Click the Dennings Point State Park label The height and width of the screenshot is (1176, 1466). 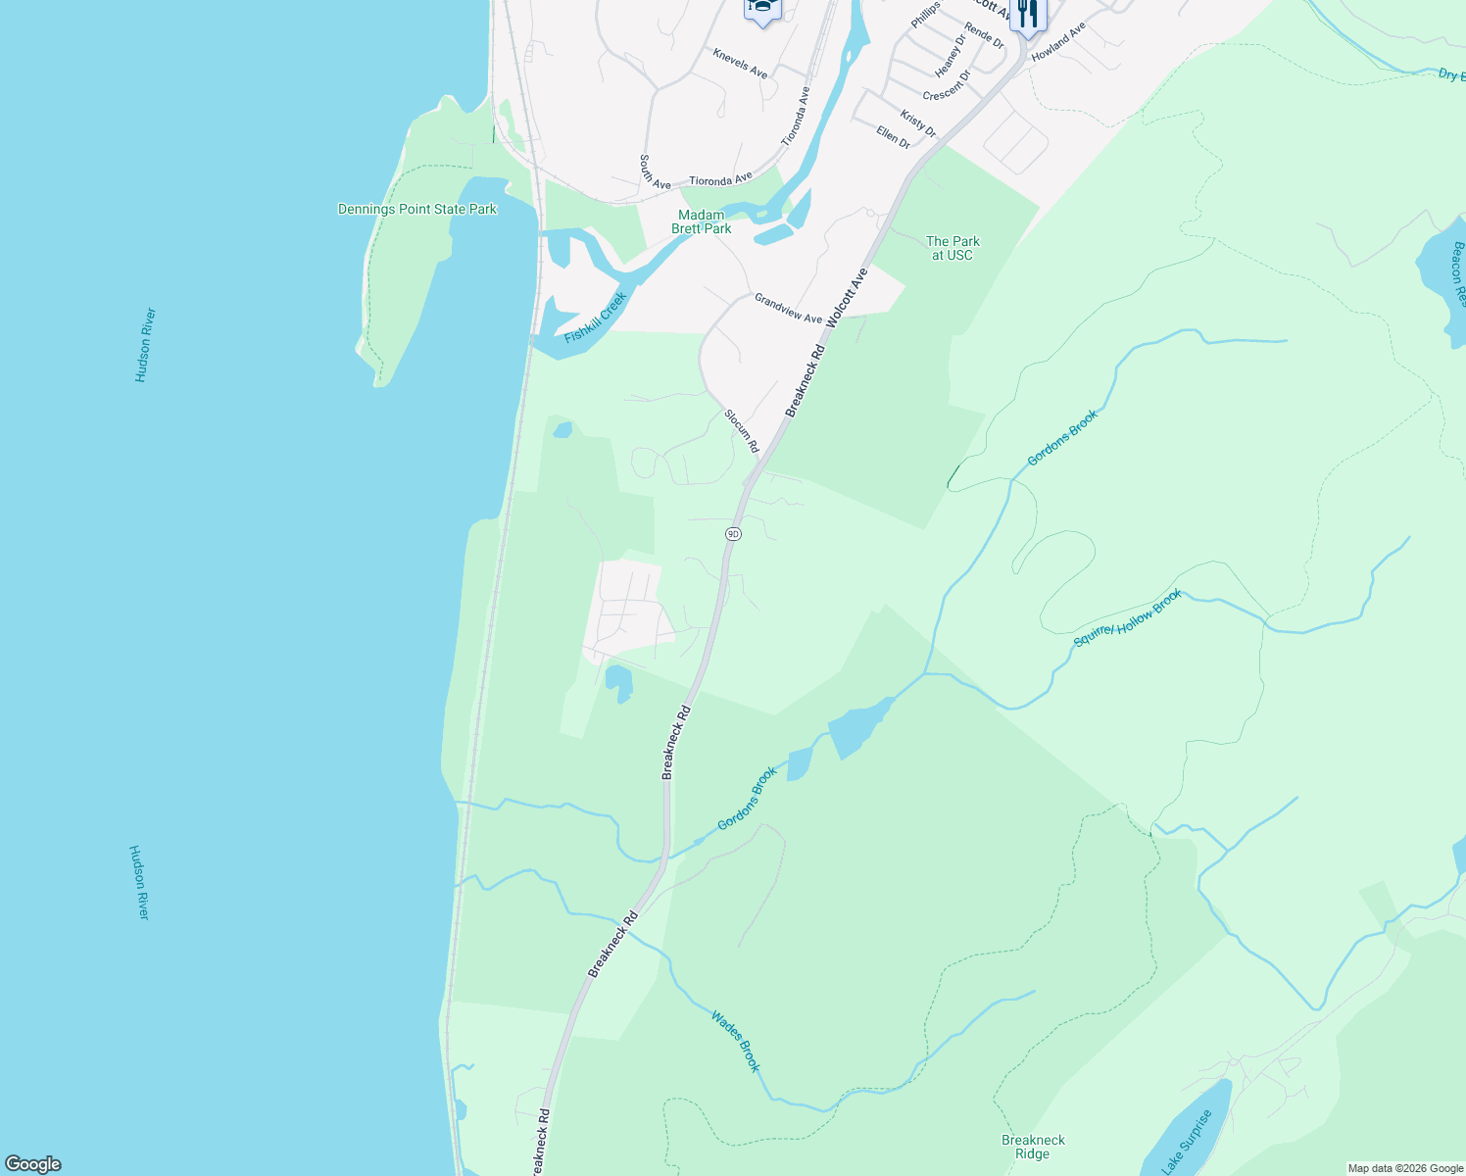click(x=417, y=209)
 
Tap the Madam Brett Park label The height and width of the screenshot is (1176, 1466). click(x=702, y=221)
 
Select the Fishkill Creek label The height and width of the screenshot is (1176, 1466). click(x=596, y=318)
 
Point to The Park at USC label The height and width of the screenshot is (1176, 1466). click(x=953, y=248)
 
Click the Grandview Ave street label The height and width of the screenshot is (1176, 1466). click(x=788, y=309)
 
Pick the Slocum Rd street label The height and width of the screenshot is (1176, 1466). click(x=742, y=431)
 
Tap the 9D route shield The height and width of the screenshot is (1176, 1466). click(x=733, y=534)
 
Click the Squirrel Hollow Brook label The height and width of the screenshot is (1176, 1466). click(x=1128, y=618)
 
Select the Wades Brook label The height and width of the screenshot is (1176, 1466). click(x=736, y=1041)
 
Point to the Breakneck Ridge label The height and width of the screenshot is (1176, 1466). click(x=1033, y=1147)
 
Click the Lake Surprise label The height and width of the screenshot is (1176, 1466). click(x=1187, y=1142)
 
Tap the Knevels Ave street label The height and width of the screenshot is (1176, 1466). click(x=740, y=63)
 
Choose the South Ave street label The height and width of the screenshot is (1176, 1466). click(x=655, y=171)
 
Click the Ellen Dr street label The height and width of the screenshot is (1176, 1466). click(x=893, y=137)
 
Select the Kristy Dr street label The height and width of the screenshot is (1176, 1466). click(x=918, y=123)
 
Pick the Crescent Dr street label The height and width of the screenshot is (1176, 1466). click(x=947, y=85)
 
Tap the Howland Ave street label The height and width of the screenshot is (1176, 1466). click(x=1058, y=42)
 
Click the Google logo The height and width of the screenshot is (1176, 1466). click(x=33, y=1164)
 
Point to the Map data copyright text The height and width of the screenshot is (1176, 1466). click(x=1404, y=1168)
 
